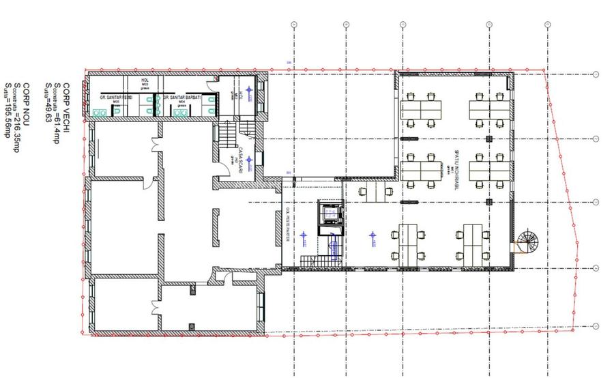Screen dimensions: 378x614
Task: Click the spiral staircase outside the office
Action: (x=526, y=241)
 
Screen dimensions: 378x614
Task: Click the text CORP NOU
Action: (x=27, y=103)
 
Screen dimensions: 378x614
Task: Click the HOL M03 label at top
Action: (x=145, y=82)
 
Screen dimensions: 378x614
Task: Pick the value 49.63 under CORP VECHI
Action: (x=48, y=111)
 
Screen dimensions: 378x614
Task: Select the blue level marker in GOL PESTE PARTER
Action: (x=303, y=236)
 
